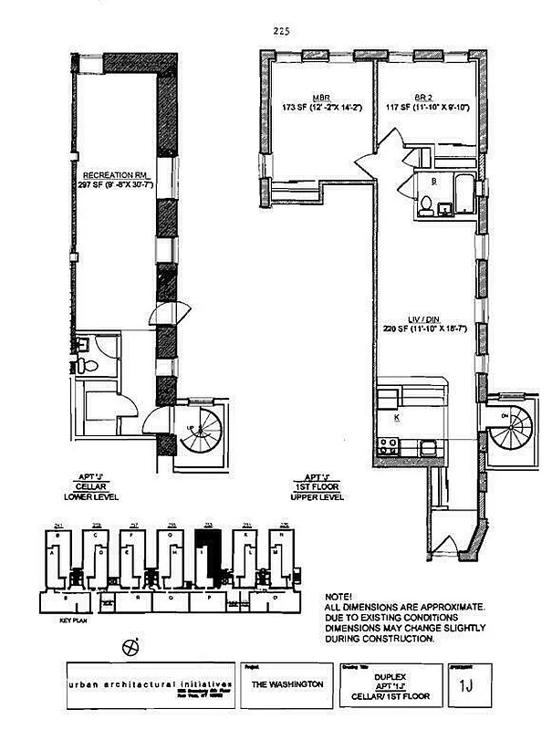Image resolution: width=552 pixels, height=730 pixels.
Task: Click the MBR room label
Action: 320,96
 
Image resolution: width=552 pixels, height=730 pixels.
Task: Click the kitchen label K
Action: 398,417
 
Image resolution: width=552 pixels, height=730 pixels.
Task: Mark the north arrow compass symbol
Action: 130,645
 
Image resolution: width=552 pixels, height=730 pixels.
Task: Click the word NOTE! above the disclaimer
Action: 338,594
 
